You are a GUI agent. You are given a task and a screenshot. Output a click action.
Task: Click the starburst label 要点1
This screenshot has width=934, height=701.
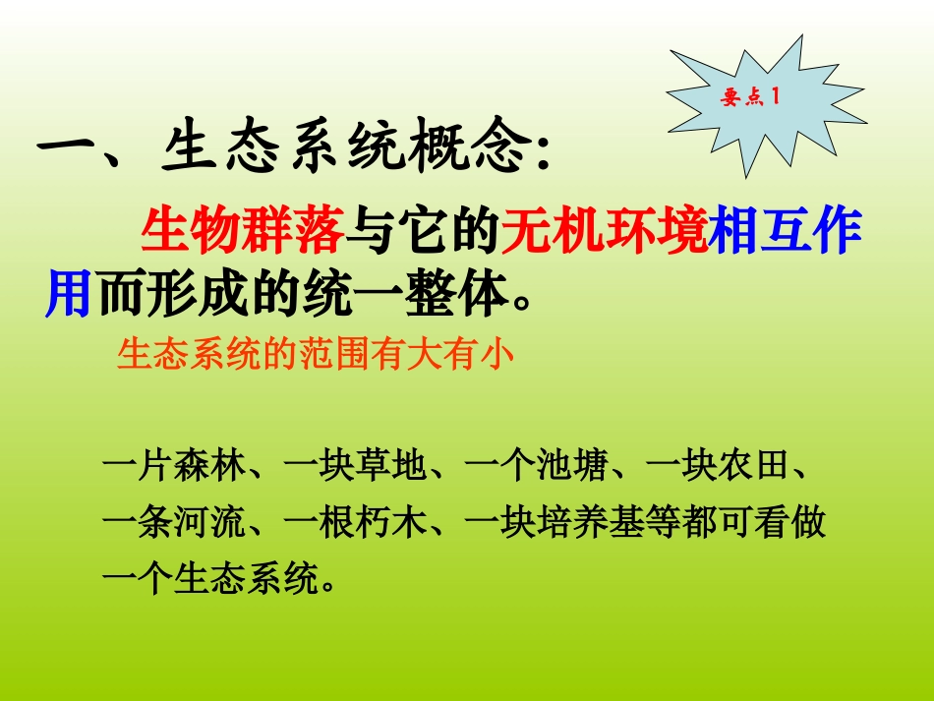(750, 98)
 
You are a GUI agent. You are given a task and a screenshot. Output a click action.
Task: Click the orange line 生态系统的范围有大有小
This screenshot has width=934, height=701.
(316, 354)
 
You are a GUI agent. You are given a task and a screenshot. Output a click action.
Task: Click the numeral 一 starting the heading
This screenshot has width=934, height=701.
(69, 149)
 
